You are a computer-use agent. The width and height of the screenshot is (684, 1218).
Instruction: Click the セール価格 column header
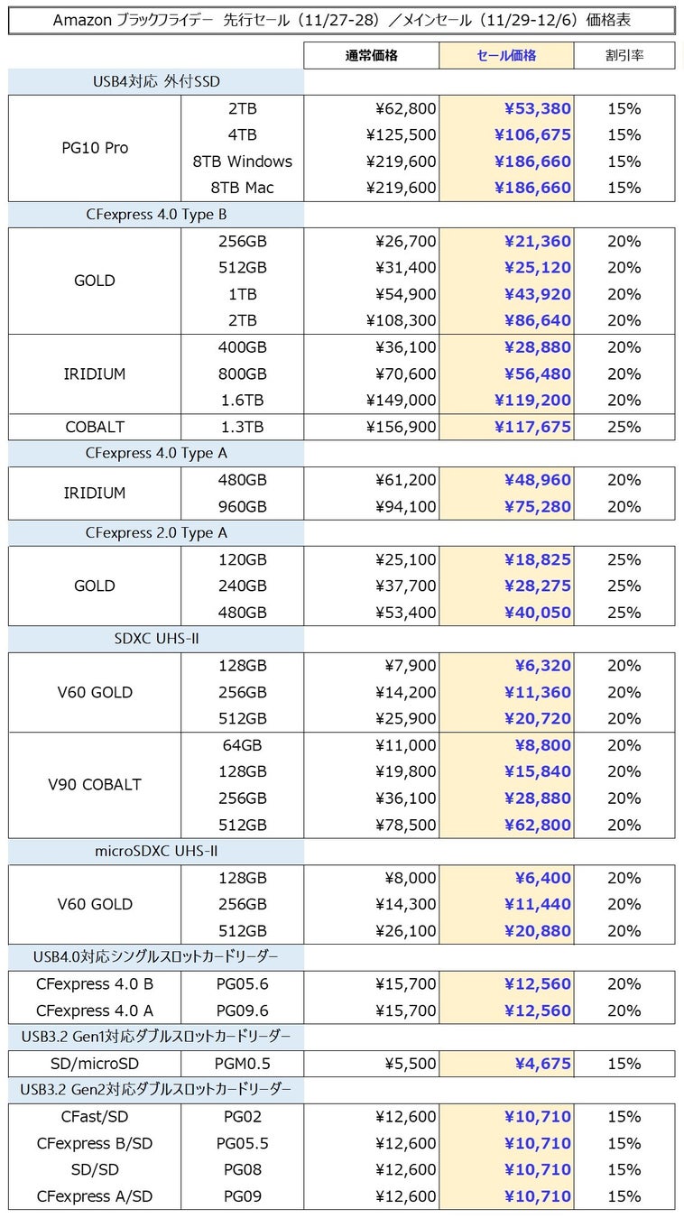click(x=506, y=55)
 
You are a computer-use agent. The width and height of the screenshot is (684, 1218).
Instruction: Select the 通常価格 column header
click(x=371, y=55)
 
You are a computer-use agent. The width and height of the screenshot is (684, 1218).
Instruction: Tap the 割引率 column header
click(x=624, y=55)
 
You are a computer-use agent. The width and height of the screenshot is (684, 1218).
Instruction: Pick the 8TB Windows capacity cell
click(x=243, y=161)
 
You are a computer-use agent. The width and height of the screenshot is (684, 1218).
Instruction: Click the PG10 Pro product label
click(x=95, y=148)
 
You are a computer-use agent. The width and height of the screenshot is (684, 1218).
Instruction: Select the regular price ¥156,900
click(x=405, y=427)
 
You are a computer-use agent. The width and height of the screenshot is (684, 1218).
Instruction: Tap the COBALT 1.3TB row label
click(x=95, y=427)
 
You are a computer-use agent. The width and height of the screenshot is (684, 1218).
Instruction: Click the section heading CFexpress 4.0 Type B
click(x=156, y=215)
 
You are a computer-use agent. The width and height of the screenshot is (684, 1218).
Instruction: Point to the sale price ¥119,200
click(x=532, y=400)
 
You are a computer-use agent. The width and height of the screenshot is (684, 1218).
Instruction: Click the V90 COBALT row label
click(x=95, y=784)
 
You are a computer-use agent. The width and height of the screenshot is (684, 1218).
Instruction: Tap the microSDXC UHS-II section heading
click(x=156, y=851)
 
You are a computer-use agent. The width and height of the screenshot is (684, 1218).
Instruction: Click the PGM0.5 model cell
click(x=243, y=1064)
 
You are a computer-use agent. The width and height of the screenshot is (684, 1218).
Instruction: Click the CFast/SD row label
click(x=95, y=1117)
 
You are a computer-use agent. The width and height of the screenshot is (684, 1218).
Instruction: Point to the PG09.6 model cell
click(x=243, y=1010)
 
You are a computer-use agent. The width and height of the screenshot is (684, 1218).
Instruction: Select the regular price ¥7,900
click(x=411, y=666)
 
